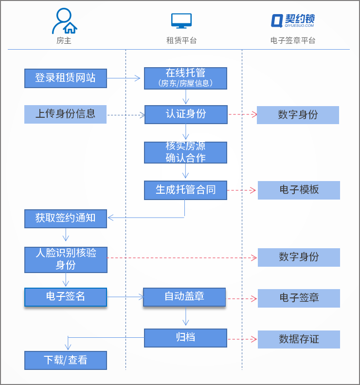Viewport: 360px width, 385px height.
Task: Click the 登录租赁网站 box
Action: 65,78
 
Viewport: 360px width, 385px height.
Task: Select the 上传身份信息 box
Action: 65,114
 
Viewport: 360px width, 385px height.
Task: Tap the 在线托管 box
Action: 185,78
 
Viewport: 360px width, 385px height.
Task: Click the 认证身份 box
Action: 185,114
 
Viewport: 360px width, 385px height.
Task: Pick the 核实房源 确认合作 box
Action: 185,152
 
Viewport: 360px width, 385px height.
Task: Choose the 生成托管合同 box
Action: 185,190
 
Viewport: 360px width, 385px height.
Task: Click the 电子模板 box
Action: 299,190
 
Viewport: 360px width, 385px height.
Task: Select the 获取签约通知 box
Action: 65,219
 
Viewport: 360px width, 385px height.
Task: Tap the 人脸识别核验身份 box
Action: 65,259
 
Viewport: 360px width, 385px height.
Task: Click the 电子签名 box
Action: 65,297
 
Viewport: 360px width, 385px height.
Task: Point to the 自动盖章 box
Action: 184,297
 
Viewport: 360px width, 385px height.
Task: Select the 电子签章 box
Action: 299,298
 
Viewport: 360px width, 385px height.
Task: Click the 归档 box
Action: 185,337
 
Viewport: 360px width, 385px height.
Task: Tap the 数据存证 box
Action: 299,339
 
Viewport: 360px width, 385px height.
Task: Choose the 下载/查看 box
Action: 65,360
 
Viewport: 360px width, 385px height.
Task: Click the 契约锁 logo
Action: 293,20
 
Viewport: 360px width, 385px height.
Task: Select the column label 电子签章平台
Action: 293,41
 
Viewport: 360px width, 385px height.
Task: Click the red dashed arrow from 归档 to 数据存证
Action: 242,339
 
